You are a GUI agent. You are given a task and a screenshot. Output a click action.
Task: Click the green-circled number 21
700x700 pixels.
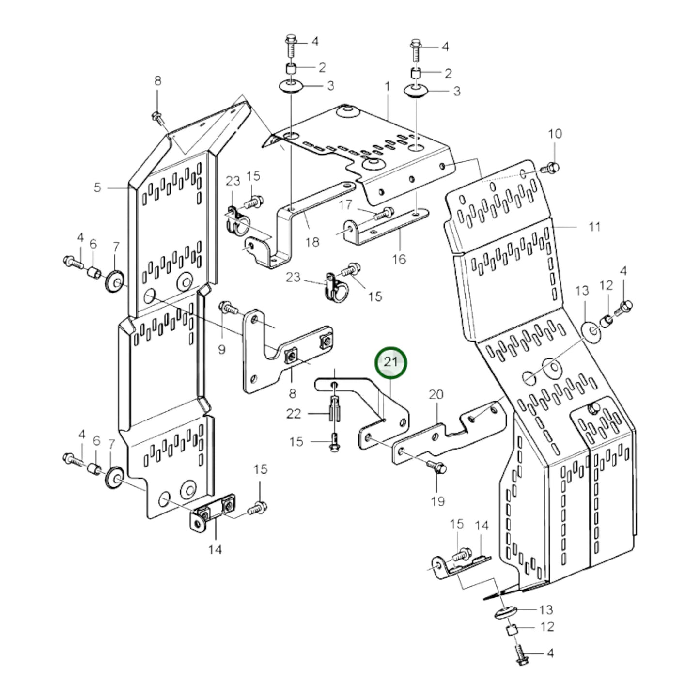click(391, 362)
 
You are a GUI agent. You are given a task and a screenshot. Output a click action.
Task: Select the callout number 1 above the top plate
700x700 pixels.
click(387, 87)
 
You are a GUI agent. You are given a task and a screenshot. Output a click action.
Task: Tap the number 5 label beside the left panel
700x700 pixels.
click(97, 187)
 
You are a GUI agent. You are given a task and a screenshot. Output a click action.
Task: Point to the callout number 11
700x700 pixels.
click(594, 226)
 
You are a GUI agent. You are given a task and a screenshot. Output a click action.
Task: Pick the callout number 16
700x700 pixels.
click(399, 259)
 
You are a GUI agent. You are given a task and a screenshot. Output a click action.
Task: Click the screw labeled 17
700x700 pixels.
click(385, 212)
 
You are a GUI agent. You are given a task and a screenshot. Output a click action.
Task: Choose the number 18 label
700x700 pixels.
click(313, 241)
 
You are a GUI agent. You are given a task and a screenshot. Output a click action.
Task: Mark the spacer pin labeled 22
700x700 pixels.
click(335, 408)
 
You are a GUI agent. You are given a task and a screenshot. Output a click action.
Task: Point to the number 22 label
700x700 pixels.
click(294, 413)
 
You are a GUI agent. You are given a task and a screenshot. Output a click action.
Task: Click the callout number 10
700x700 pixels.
click(555, 134)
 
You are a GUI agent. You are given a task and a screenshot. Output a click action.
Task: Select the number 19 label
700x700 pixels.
click(437, 501)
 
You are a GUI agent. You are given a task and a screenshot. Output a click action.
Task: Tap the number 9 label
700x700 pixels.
click(221, 349)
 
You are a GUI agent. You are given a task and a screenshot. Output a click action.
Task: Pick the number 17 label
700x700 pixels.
click(345, 205)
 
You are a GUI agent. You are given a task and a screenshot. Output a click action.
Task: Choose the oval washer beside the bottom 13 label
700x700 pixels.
click(505, 611)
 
